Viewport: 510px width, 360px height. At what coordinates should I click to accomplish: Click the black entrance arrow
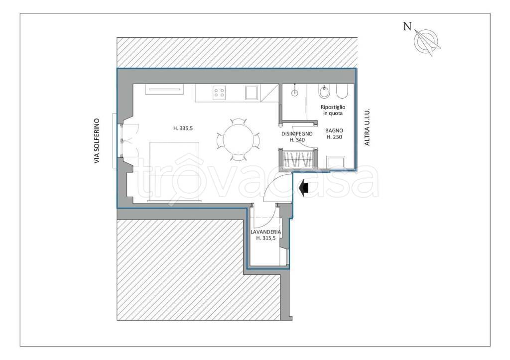304,188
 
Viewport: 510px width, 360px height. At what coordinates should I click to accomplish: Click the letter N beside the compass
407,26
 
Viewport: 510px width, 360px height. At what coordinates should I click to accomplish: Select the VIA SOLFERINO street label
97,140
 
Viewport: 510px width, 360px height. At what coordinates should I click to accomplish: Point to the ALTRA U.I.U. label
367,127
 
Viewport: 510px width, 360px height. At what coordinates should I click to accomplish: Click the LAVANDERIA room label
266,232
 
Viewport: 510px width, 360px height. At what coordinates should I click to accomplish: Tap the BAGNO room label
334,130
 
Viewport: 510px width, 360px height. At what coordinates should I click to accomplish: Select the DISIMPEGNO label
297,133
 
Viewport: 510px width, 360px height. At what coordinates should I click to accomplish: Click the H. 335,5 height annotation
183,128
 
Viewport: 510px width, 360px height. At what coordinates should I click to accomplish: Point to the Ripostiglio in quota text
333,110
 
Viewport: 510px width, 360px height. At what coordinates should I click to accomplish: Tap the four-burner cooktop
219,92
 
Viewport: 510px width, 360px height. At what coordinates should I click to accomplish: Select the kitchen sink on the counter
252,93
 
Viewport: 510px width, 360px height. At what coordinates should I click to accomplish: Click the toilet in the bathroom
342,92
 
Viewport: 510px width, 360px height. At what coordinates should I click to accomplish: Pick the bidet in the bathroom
324,92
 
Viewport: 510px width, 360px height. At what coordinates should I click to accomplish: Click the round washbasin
295,92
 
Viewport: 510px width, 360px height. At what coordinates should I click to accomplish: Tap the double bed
174,171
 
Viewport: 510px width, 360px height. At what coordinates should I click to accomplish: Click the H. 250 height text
334,137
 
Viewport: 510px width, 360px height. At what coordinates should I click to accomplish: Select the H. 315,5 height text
266,238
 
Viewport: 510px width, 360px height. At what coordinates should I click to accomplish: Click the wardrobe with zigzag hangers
298,159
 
